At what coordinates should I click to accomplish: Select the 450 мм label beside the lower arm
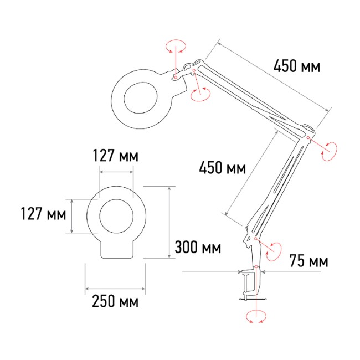click(x=222, y=168)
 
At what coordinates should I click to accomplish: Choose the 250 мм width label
click(x=115, y=302)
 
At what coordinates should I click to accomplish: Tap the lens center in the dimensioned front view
click(x=116, y=215)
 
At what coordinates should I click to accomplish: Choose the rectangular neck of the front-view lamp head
click(x=117, y=249)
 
